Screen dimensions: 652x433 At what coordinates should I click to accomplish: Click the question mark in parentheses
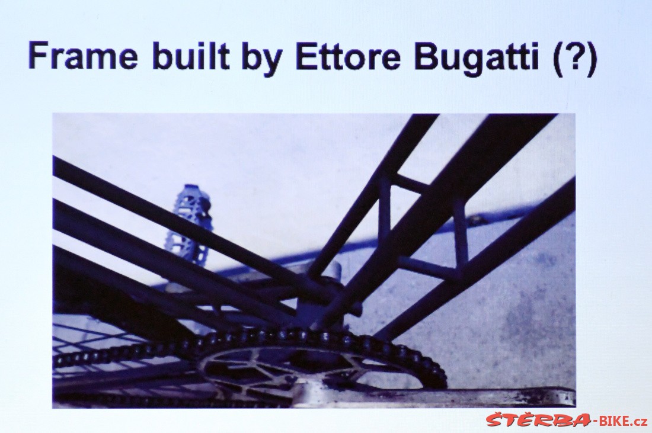point(576,58)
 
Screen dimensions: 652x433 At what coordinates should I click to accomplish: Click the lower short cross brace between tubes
point(429,267)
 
